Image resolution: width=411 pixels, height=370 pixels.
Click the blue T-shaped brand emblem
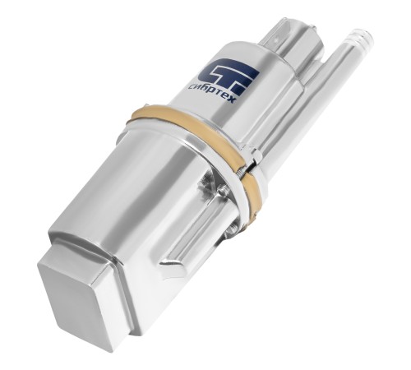[x=229, y=77]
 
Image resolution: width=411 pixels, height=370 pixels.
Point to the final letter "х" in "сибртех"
[x=232, y=100]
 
